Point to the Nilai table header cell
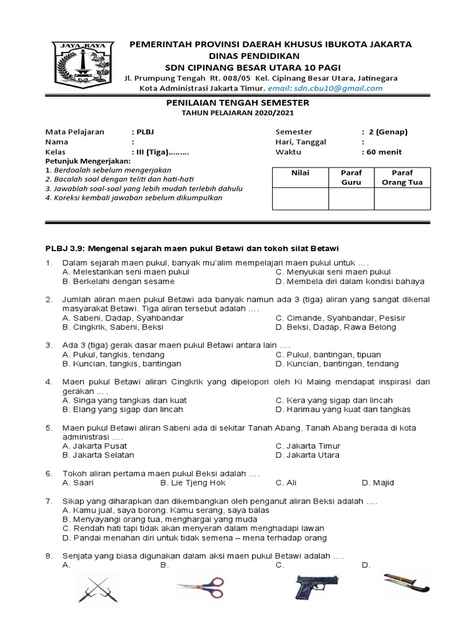(x=300, y=173)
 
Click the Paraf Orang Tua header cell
(x=402, y=177)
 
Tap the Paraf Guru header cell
(x=351, y=177)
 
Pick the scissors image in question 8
(x=200, y=586)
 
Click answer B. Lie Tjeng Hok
(x=193, y=482)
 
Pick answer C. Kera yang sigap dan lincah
(x=334, y=401)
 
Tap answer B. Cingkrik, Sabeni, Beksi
(x=113, y=327)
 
